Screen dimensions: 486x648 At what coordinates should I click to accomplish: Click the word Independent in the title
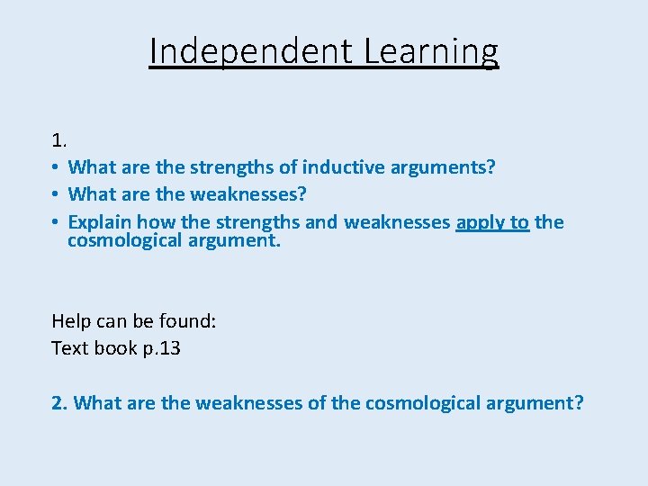point(250,51)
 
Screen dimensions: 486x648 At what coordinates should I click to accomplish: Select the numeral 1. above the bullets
point(58,140)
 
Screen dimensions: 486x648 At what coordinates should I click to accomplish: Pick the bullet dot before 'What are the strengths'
point(55,168)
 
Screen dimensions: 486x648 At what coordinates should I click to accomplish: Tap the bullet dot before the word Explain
point(55,222)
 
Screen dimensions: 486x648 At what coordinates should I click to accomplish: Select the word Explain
point(100,222)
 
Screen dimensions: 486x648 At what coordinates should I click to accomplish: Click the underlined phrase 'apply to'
point(492,222)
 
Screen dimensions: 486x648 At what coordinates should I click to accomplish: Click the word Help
point(70,320)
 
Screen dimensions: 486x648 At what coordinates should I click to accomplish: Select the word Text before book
point(68,347)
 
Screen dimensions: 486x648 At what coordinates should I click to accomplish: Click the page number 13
point(169,347)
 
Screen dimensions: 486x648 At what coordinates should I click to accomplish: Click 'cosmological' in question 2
point(420,402)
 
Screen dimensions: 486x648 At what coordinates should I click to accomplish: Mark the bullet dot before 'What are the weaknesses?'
point(55,195)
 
